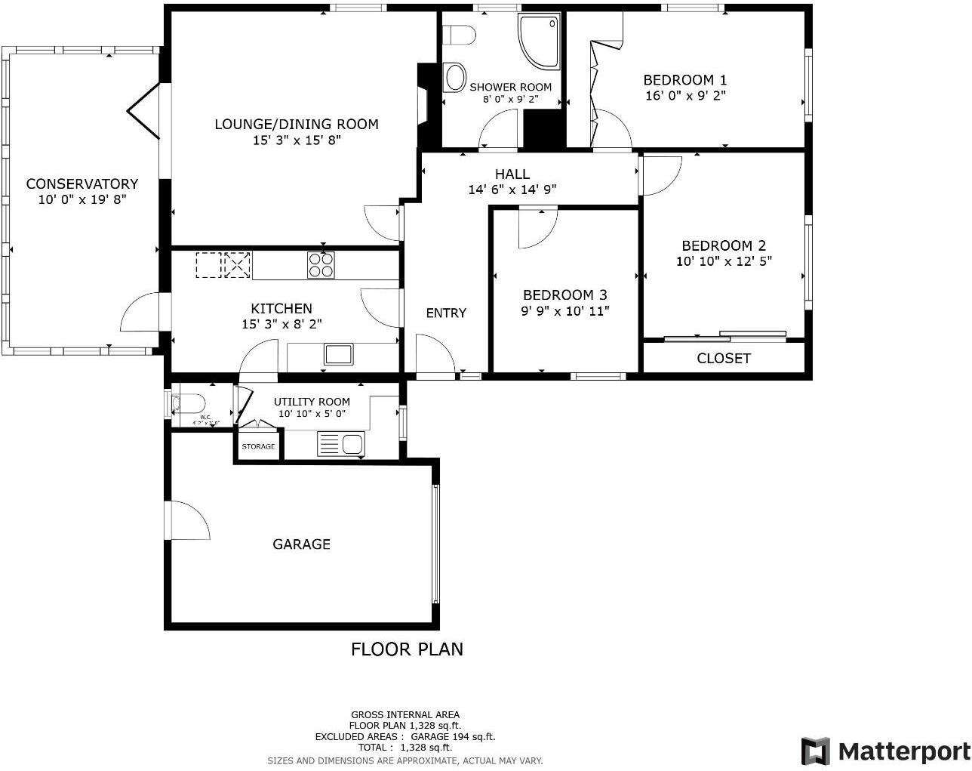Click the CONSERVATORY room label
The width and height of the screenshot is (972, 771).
[82, 183]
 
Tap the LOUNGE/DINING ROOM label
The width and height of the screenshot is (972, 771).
[297, 124]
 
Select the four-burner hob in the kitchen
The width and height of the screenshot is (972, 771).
[320, 265]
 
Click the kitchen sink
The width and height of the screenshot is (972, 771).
[339, 353]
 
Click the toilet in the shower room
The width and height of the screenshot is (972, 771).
[459, 35]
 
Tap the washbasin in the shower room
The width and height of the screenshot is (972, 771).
[455, 77]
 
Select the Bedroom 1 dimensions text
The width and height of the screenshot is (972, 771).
[685, 96]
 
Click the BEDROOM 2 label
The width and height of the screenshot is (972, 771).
[724, 245]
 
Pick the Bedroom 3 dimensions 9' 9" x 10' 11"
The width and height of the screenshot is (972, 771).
[565, 310]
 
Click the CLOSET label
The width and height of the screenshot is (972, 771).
[724, 358]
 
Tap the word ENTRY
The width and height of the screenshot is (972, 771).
[446, 313]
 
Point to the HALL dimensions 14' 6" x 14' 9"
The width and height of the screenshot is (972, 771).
[512, 190]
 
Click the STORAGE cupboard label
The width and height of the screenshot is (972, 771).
[258, 446]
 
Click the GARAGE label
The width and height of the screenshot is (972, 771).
[301, 544]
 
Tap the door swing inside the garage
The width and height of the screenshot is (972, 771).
[189, 521]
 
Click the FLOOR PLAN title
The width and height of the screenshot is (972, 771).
[407, 649]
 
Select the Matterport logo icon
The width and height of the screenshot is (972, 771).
[815, 751]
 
